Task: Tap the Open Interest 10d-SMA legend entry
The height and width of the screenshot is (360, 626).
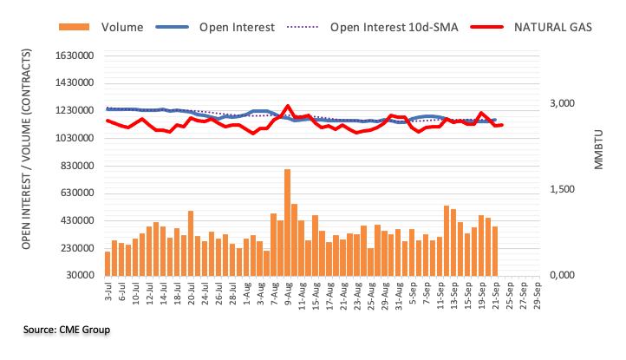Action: tap(385, 27)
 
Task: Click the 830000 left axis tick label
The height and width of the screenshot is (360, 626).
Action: tap(74, 166)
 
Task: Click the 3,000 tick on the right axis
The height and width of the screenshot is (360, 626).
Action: tap(563, 104)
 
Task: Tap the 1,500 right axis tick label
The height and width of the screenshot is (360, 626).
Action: tap(563, 190)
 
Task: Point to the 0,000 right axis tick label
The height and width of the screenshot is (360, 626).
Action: tap(563, 276)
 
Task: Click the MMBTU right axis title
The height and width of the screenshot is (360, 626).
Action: tap(598, 147)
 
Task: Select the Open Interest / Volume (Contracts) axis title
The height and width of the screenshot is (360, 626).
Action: tap(27, 166)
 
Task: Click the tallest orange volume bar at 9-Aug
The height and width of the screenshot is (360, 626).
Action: tap(287, 221)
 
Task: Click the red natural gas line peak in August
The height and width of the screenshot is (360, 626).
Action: tap(287, 106)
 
